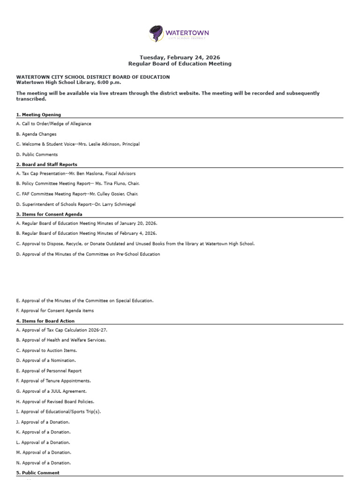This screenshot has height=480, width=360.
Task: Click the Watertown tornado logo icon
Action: tap(157, 34)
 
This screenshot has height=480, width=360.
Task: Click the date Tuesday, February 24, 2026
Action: tap(180, 57)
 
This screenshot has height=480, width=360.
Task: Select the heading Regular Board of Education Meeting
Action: tap(180, 64)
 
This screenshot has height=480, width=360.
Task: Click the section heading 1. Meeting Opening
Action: tap(38, 115)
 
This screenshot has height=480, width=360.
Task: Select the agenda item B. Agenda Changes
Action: tap(36, 134)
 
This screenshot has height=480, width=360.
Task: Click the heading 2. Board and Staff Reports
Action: tap(46, 165)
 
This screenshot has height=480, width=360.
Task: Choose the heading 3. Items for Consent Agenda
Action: tap(49, 214)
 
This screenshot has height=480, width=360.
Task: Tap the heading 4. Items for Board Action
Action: tap(45, 321)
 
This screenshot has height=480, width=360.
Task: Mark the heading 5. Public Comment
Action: tap(37, 473)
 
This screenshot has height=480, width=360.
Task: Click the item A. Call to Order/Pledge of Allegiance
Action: tap(53, 124)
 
